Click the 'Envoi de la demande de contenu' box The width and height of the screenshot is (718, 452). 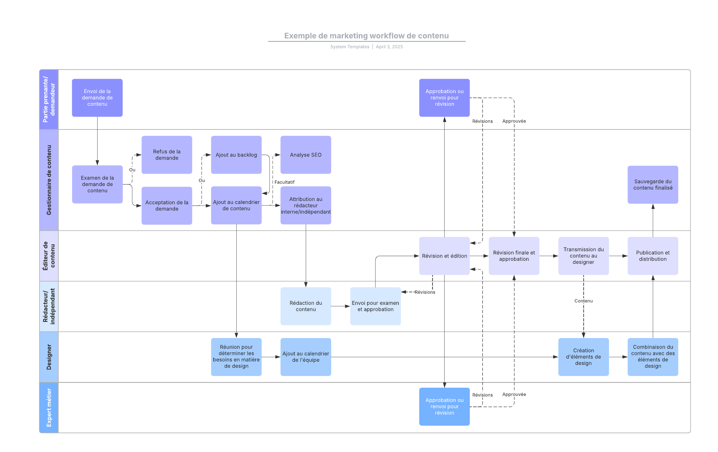[x=97, y=98]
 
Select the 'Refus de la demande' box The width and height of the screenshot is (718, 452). [x=167, y=155]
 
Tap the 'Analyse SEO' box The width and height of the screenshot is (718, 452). [x=305, y=155]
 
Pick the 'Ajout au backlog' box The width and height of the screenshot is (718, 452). [x=236, y=155]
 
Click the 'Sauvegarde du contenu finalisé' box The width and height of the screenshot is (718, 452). [x=652, y=185]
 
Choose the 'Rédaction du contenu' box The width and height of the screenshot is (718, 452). [x=305, y=306]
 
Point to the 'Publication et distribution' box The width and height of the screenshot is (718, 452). [x=652, y=256]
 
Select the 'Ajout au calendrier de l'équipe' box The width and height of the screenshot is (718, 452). [x=305, y=357]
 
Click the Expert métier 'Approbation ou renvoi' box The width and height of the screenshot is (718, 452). [x=444, y=406]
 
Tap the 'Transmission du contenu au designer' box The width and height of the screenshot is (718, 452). [x=583, y=256]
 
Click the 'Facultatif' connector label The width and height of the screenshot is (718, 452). [x=284, y=182]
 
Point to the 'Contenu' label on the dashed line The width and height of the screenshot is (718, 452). [x=583, y=301]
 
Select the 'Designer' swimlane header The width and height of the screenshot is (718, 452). [x=49, y=357]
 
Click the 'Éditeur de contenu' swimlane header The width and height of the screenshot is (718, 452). [x=49, y=256]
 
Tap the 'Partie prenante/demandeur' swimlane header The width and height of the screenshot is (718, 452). [x=49, y=99]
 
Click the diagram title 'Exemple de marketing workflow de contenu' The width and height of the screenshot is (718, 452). [x=366, y=36]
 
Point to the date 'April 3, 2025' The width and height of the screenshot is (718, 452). [x=389, y=47]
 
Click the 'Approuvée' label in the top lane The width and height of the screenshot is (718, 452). [x=514, y=121]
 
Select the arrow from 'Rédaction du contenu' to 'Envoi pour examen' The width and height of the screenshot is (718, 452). [x=340, y=306]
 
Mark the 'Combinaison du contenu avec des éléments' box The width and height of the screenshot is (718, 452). [x=652, y=357]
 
